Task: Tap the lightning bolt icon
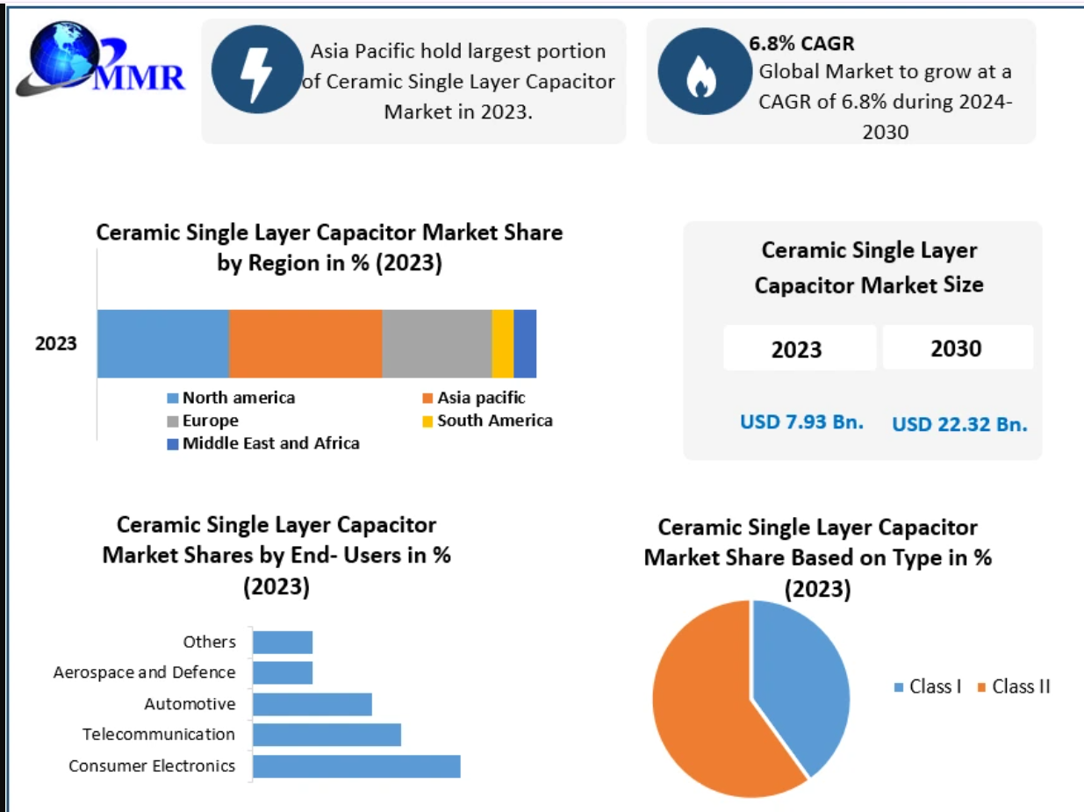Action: [257, 69]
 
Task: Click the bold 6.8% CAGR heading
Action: [801, 43]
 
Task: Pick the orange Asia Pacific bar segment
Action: [305, 343]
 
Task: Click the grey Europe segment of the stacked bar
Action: [436, 343]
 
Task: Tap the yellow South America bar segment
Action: [502, 343]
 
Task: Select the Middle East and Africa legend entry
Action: [263, 443]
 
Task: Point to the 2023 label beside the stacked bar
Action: [56, 343]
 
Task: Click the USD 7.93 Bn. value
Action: [801, 421]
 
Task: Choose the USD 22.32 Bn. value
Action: [959, 424]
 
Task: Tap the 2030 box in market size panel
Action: [957, 348]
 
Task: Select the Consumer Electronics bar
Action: [356, 765]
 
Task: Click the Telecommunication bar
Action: [327, 735]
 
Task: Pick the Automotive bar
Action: [312, 704]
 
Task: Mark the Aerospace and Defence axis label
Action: [145, 672]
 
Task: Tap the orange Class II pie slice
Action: [702, 711]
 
